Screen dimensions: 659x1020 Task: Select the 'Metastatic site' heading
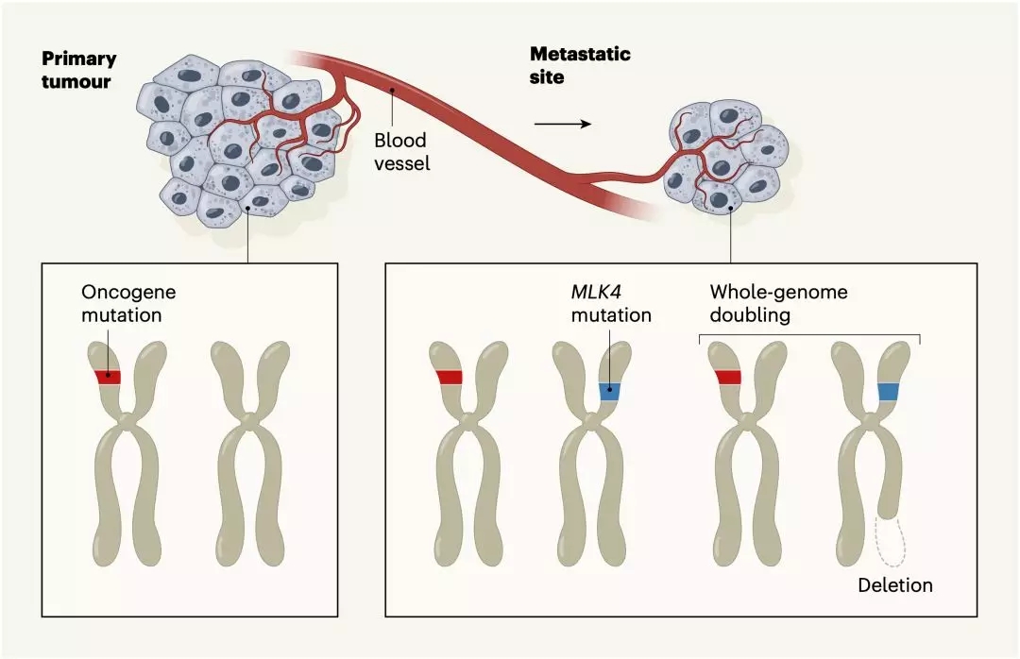(580, 65)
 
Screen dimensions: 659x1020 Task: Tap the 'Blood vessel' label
(401, 151)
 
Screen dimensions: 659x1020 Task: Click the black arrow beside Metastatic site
(563, 124)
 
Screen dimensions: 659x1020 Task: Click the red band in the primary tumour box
(108, 377)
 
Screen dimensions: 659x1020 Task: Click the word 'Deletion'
(894, 585)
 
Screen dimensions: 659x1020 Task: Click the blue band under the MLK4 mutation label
(609, 390)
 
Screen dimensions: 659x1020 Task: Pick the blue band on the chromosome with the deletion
(889, 391)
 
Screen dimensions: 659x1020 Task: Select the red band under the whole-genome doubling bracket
(728, 378)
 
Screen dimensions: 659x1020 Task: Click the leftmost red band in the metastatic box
(449, 378)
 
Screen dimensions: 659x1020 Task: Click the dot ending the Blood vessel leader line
(390, 91)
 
